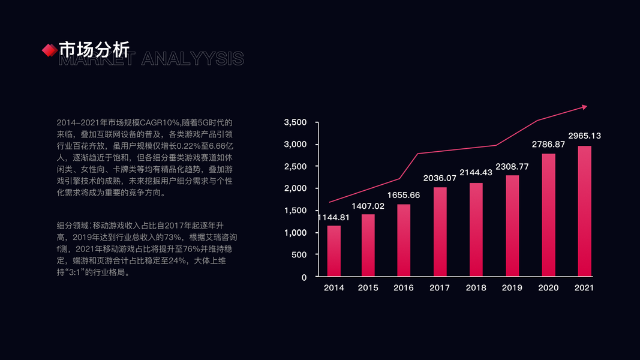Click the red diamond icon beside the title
point(49,50)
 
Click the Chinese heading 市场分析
point(94,49)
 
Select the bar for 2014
point(334,251)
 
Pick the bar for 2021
point(584,211)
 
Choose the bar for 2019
point(512,226)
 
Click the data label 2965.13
point(584,136)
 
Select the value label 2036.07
point(440,178)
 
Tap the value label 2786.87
point(548,144)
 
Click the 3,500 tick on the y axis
point(295,122)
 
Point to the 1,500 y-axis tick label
point(295,211)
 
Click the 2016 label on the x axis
point(404,288)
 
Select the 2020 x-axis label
point(548,288)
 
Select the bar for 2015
point(368,245)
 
